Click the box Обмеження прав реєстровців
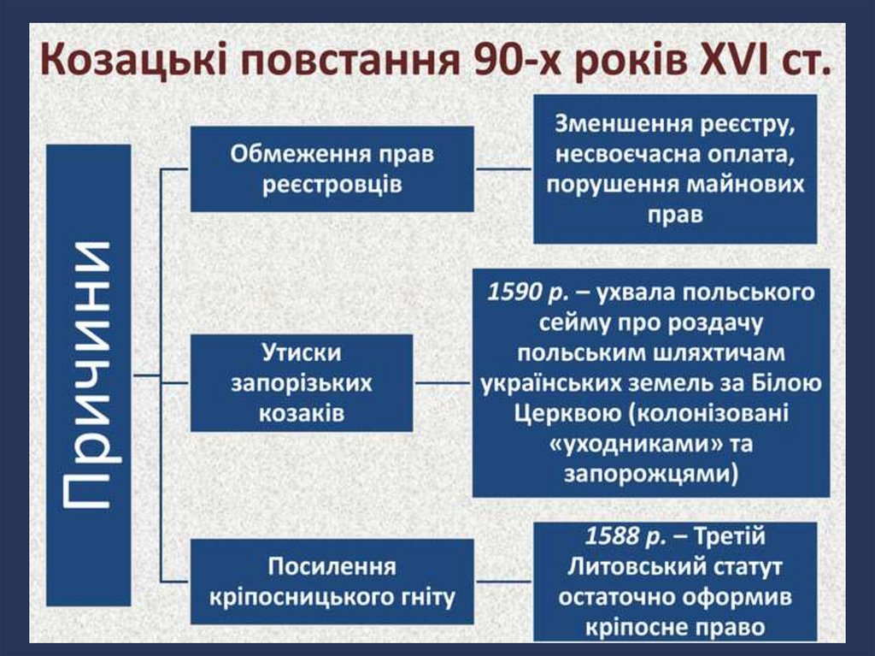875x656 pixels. point(332,168)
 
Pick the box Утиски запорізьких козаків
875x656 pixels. point(301,382)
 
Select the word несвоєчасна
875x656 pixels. point(627,155)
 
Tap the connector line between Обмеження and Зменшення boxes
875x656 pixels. point(504,168)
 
